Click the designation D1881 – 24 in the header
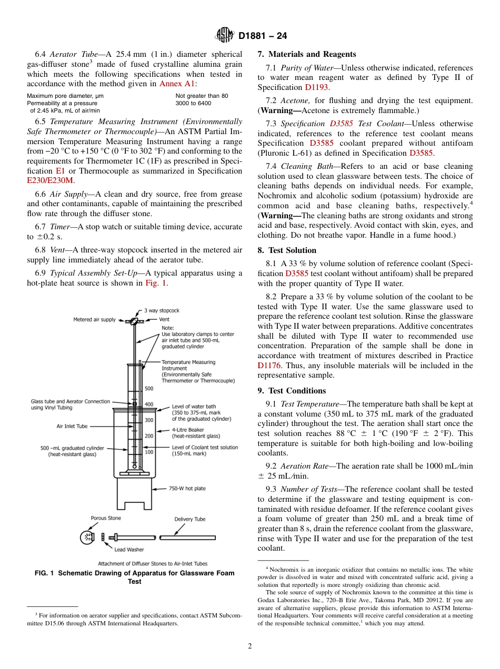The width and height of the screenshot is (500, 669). pyautogui.click(x=262, y=36)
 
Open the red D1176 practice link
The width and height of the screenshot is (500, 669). pyautogui.click(x=269, y=366)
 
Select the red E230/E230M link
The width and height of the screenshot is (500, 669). pyautogui.click(x=50, y=180)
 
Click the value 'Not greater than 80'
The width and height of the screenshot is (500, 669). pyautogui.click(x=202, y=96)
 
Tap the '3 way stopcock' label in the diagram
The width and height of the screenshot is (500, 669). pyautogui.click(x=162, y=311)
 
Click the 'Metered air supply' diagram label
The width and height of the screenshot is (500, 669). pyautogui.click(x=94, y=320)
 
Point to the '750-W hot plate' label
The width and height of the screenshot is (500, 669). pyautogui.click(x=187, y=489)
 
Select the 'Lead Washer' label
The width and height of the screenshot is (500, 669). pyautogui.click(x=129, y=550)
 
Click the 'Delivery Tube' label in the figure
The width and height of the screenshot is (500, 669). pyautogui.click(x=190, y=519)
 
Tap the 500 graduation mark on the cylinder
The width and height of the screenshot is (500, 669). pyautogui.click(x=149, y=389)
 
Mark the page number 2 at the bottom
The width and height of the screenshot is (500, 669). pyautogui.click(x=250, y=646)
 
